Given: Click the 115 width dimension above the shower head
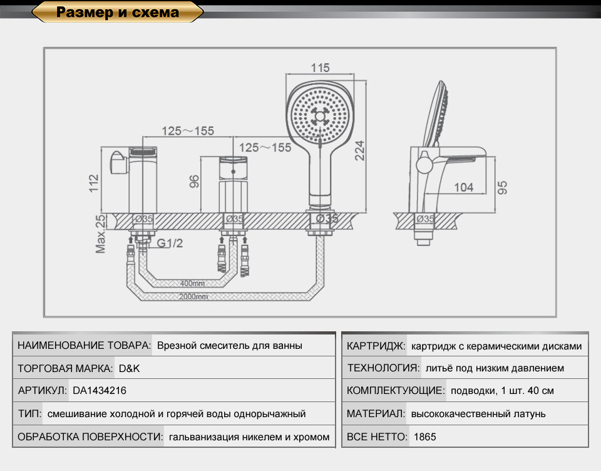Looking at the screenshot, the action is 320,68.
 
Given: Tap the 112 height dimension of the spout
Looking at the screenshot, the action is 94,182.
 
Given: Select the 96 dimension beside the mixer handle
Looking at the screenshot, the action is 194,182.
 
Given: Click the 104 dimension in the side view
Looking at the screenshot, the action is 463,187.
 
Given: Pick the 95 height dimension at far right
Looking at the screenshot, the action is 503,187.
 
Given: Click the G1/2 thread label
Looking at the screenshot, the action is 170,244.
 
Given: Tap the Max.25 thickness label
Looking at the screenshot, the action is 100,234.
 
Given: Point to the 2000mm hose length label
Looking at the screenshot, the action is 194,297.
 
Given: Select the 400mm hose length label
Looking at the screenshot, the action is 192,283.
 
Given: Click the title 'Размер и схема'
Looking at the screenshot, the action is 118,12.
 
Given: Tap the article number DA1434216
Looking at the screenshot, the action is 100,391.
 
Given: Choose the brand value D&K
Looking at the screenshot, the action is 130,368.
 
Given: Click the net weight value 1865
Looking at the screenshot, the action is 425,437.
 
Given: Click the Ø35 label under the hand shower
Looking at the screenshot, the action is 326,219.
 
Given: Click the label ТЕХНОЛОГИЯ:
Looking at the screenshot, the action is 382,368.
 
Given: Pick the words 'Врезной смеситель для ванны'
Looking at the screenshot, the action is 230,346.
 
